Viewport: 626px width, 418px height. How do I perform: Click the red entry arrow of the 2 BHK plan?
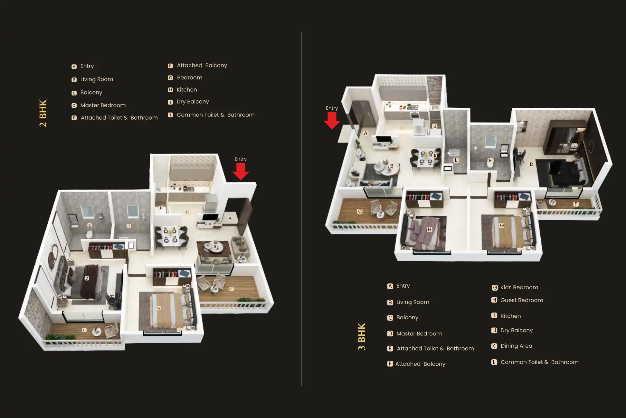click(241, 171)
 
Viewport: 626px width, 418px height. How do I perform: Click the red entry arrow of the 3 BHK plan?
click(332, 120)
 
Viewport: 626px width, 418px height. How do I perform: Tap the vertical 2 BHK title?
click(43, 113)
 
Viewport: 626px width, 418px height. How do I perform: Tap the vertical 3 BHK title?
click(362, 336)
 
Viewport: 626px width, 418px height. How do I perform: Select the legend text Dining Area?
click(516, 346)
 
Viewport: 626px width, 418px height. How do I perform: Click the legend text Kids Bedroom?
click(519, 287)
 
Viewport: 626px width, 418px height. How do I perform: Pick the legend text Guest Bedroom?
click(521, 300)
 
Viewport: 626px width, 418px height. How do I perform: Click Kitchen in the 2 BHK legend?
click(186, 90)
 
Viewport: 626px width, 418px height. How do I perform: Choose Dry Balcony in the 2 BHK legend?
click(193, 102)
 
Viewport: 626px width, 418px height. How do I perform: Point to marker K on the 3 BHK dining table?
click(435, 156)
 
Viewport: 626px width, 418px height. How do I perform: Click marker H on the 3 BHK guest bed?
click(429, 229)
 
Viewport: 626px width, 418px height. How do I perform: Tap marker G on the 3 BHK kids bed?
click(502, 225)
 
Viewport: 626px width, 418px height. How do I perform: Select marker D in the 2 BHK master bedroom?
click(87, 278)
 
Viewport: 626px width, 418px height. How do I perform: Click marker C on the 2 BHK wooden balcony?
click(232, 289)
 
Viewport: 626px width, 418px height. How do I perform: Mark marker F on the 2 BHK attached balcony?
click(84, 330)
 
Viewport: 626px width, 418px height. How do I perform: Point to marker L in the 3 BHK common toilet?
click(456, 160)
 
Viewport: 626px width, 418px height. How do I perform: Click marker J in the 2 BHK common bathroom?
click(128, 226)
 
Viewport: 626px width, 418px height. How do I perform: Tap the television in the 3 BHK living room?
click(384, 139)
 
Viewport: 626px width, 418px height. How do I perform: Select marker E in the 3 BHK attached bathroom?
click(490, 160)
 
